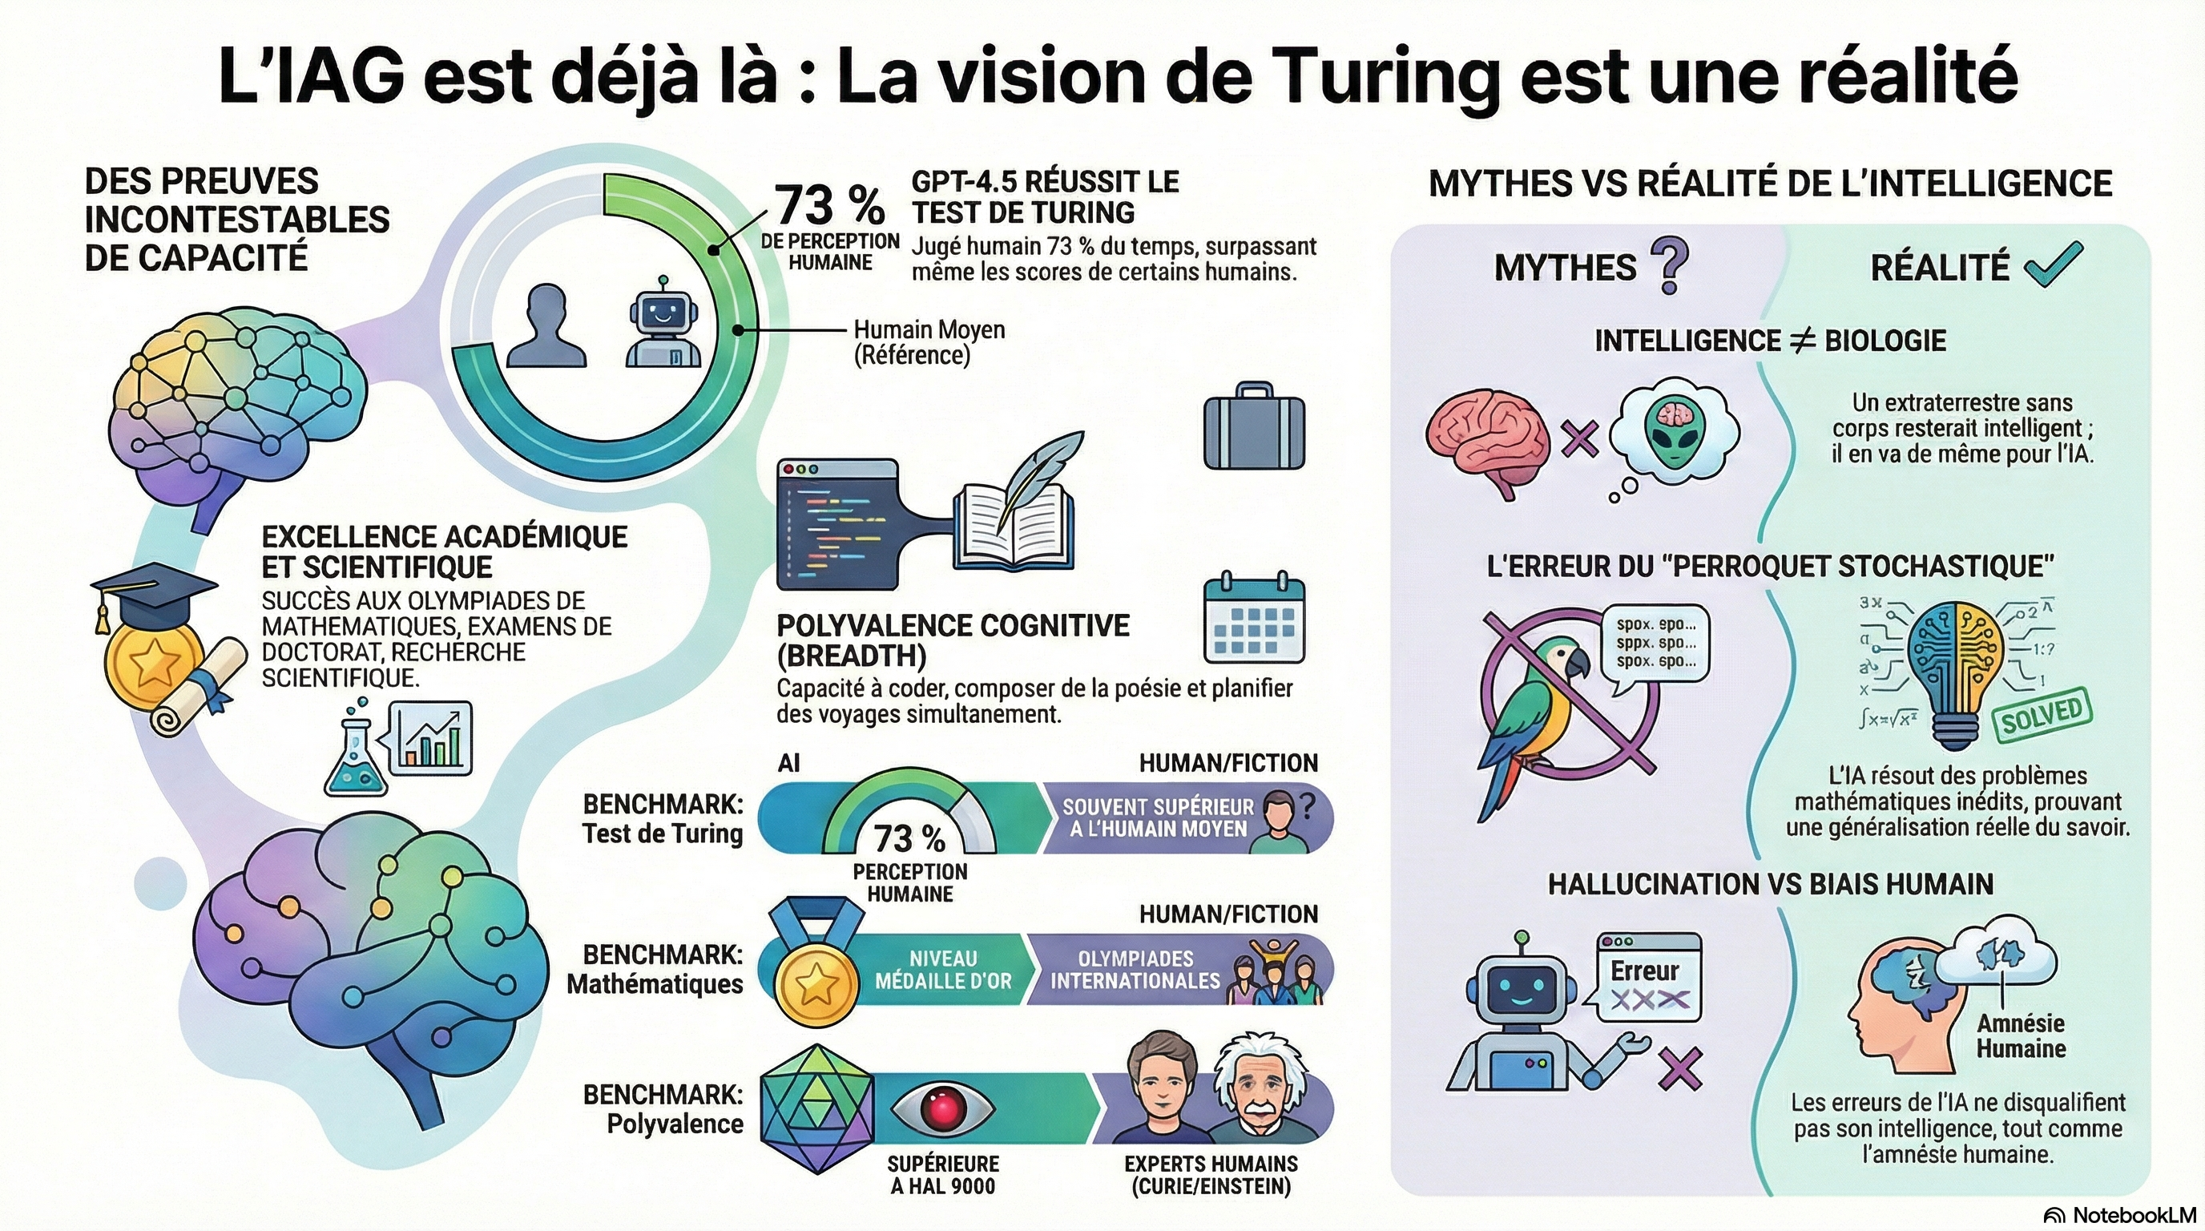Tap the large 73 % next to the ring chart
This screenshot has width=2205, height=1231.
tap(829, 205)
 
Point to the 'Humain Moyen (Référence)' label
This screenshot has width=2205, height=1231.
tap(929, 342)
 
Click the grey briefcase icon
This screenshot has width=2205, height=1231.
tap(1254, 427)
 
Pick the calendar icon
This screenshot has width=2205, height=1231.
tap(1254, 618)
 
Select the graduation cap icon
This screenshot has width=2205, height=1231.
tap(152, 591)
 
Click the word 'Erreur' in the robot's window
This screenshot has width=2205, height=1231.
tap(1644, 971)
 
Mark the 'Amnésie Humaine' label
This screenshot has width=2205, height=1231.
tap(2020, 1035)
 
